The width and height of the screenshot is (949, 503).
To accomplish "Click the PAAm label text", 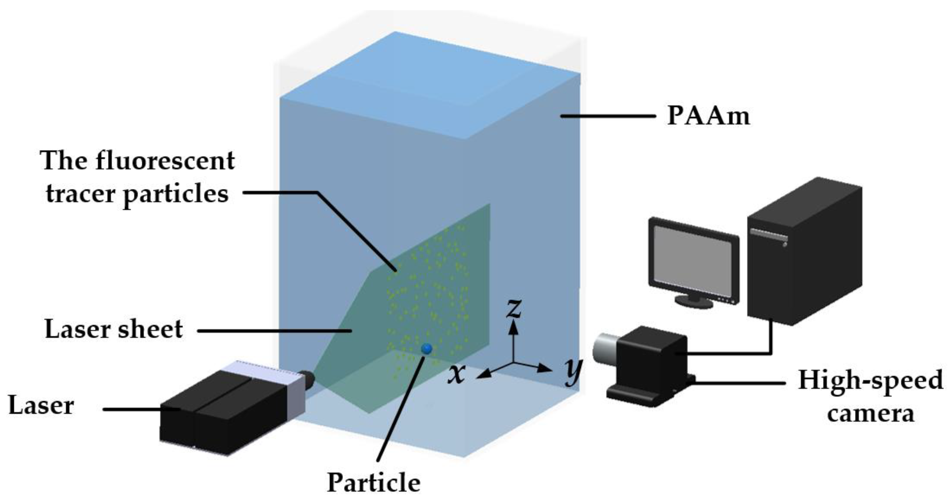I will [x=708, y=116].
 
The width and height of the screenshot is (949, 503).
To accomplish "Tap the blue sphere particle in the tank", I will [x=427, y=348].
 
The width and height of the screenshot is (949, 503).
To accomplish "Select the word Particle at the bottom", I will [x=373, y=482].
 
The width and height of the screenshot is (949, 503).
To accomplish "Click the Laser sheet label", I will [x=113, y=329].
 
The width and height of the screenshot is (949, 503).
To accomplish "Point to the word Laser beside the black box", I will [x=41, y=405].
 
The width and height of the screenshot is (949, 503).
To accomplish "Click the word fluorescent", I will [x=165, y=161].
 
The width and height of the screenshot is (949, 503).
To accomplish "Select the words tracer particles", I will [x=137, y=194].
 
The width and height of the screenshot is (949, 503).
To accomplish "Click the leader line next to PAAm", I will [x=608, y=116].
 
